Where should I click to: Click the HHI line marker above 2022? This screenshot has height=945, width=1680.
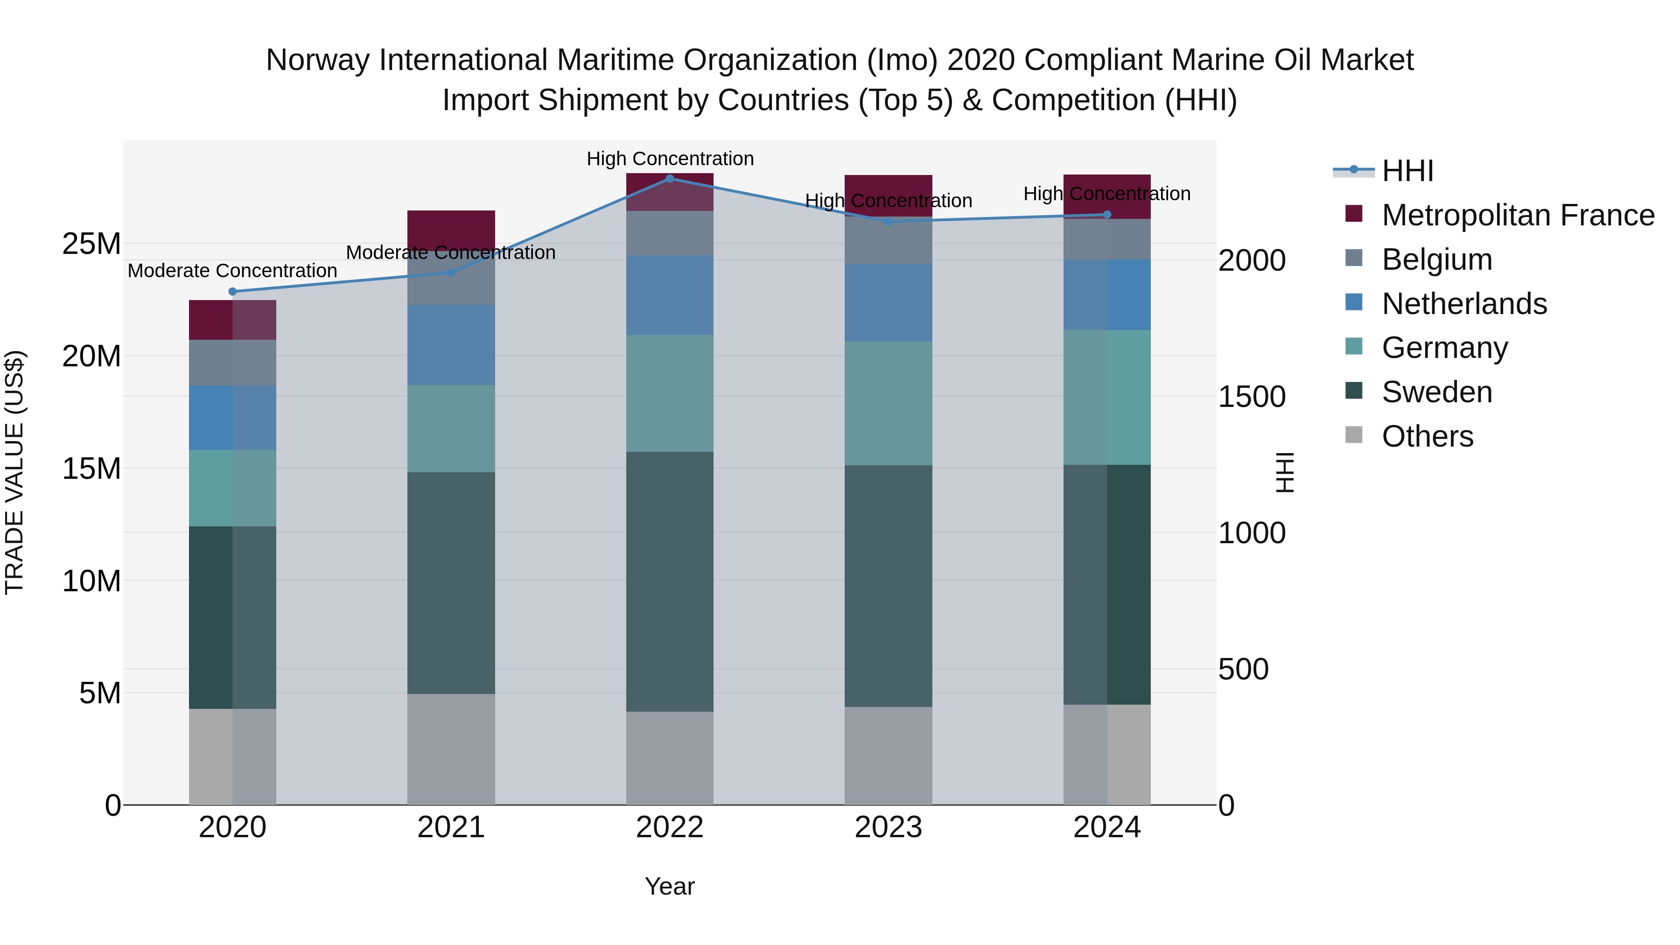669,179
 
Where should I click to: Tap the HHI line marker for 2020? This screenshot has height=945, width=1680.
232,292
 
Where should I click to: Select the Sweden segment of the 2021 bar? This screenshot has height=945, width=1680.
451,582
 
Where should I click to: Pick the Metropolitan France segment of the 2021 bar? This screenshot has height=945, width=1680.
451,228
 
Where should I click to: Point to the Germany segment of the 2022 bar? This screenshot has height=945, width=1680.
669,393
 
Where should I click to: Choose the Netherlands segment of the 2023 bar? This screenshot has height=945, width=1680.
888,302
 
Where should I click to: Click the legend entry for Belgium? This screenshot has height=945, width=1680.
1437,259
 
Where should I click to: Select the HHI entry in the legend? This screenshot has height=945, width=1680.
1407,171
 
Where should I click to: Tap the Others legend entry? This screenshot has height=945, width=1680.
1427,436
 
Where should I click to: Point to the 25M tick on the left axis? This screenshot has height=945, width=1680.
91,244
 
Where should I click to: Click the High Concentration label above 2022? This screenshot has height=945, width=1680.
670,159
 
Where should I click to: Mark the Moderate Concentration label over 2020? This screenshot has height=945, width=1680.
232,271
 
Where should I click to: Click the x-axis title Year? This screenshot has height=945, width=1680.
669,886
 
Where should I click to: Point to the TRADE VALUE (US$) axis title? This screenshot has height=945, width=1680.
14,472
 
